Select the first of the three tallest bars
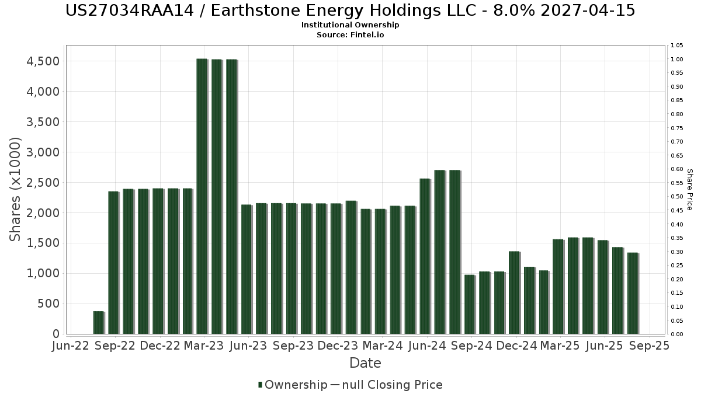[x=202, y=196]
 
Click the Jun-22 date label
[x=71, y=346]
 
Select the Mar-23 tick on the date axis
[x=204, y=346]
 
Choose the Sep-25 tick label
[x=650, y=346]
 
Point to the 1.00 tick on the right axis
[x=677, y=60]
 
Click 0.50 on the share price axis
[x=677, y=197]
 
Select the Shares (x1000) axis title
[x=16, y=189]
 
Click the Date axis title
[x=365, y=363]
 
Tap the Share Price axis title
[x=689, y=189]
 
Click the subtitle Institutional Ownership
[x=350, y=25]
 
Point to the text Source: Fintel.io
[x=350, y=35]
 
